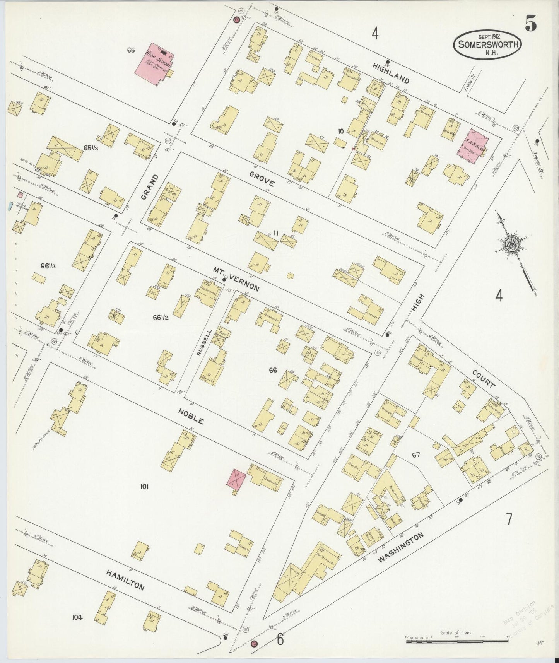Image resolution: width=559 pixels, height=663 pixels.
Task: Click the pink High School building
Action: pos(154,64)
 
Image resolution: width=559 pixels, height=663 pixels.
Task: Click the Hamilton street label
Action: pos(125,581)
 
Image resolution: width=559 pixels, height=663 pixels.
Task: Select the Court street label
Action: pos(484,378)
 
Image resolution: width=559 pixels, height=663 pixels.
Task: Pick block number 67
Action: pos(415,455)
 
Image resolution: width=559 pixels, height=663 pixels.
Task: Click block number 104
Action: pos(77,617)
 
